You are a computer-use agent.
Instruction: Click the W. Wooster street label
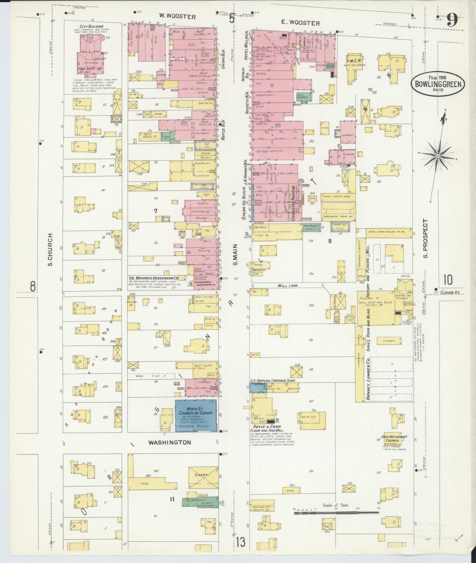[x=177, y=17]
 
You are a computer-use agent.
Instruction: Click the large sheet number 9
[x=452, y=21]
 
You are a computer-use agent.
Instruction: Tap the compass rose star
[x=438, y=156]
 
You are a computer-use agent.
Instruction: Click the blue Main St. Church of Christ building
[x=196, y=415]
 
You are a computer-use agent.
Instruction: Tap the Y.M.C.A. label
[x=354, y=61]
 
